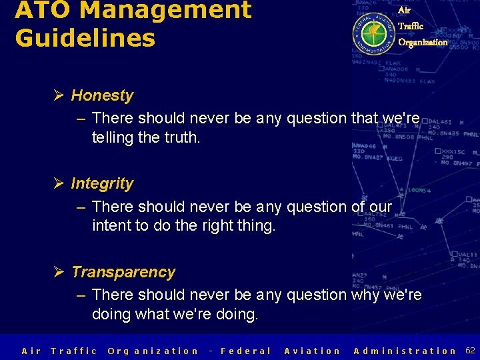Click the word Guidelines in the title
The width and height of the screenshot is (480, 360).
tap(85, 38)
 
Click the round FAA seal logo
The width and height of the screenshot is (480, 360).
tap(373, 29)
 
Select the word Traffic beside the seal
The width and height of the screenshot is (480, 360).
tap(411, 26)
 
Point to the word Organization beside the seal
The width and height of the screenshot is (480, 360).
tap(423, 42)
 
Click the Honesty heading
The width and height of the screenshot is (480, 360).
tap(102, 95)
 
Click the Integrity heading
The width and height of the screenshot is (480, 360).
tap(102, 183)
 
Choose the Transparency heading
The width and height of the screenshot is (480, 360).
tap(123, 272)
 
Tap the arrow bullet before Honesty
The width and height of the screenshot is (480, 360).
tap(59, 95)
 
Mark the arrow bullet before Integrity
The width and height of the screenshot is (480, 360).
tap(59, 183)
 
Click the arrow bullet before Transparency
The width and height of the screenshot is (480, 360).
tap(59, 272)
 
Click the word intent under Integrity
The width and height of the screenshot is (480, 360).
tap(111, 226)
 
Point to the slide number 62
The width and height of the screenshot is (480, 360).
tap(470, 351)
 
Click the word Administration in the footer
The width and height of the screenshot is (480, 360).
tap(405, 351)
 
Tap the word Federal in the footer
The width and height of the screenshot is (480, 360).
tap(246, 351)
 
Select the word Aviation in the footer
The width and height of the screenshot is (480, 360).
tap(313, 351)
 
